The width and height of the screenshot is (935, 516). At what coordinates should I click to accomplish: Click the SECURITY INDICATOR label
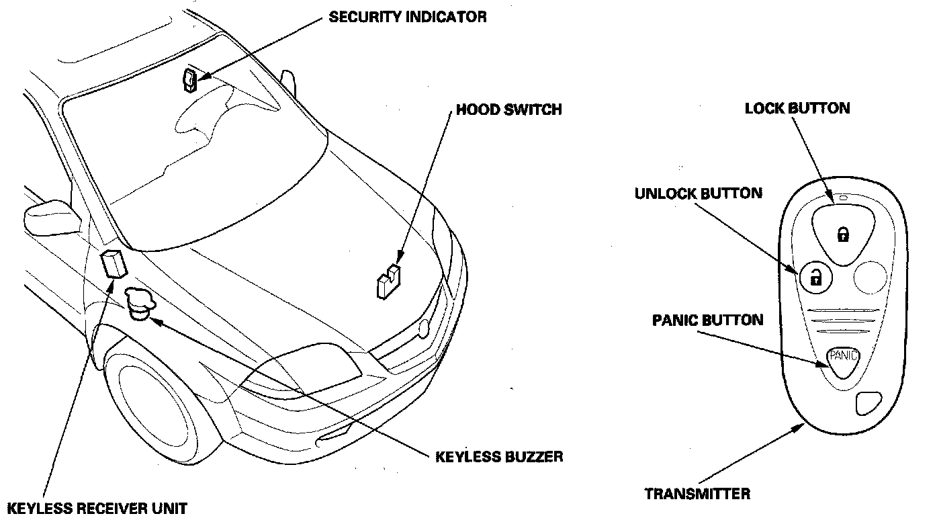click(x=407, y=17)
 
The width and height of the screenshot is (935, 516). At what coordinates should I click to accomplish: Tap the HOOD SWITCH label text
click(x=508, y=110)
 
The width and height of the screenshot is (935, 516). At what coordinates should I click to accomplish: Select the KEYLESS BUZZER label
click(x=499, y=457)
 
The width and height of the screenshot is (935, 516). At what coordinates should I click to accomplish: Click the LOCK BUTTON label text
click(x=797, y=108)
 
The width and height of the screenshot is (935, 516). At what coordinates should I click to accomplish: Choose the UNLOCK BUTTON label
click(x=698, y=193)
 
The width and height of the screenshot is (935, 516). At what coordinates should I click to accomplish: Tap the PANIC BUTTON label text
click(x=707, y=319)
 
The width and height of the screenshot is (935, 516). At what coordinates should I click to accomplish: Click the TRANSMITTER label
click(x=697, y=494)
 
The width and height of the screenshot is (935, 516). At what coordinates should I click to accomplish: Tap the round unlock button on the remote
click(x=815, y=275)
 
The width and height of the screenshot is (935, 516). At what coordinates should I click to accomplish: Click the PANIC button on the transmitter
click(x=843, y=355)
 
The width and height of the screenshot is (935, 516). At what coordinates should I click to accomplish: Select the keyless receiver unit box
click(x=114, y=263)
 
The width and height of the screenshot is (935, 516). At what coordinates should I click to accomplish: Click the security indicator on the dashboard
click(x=189, y=79)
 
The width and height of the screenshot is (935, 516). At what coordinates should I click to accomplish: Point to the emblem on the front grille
click(x=423, y=329)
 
